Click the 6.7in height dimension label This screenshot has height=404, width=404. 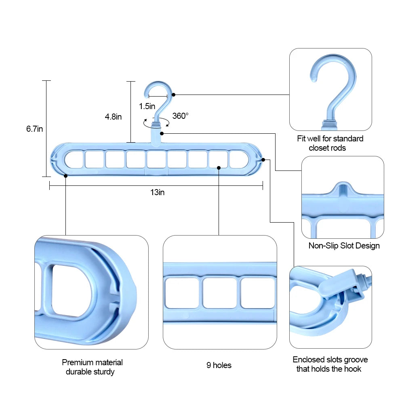click(34, 129)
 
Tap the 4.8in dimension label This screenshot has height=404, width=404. click(113, 117)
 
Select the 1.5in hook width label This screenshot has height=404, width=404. click(147, 106)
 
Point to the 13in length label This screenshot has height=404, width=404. click(157, 192)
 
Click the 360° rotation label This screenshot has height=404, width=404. click(180, 116)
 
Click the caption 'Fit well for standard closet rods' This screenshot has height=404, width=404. click(330, 143)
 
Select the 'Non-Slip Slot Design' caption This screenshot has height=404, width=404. click(344, 246)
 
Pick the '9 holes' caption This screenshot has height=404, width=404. click(219, 365)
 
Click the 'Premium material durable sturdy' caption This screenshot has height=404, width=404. click(92, 367)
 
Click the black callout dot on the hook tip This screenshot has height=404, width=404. click(173, 95)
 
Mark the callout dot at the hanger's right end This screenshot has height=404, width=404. click(263, 160)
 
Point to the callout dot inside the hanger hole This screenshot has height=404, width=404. click(219, 167)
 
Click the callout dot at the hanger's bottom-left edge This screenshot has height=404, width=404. click(65, 176)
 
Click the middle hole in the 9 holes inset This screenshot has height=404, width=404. click(219, 293)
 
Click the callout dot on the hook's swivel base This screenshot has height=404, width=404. click(162, 133)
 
